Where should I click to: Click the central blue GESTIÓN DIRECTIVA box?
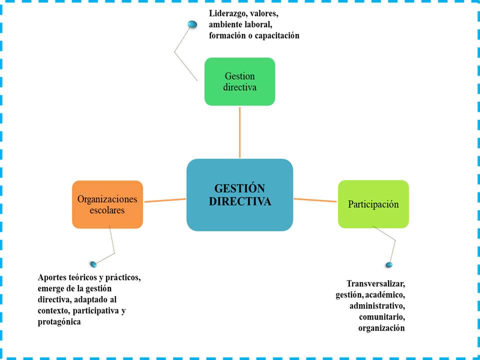coord(239,195)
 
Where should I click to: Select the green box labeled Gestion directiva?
coord(239,81)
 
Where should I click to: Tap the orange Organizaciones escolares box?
coord(107,204)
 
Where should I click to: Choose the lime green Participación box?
coord(373,204)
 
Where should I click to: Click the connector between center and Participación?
coord(315,200)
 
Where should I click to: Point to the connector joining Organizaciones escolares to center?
coord(165,200)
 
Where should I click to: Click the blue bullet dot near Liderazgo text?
coord(192,24)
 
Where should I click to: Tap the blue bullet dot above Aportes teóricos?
coord(93,264)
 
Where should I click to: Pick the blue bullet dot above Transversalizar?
coord(389,264)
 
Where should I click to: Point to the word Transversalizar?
coord(375,283)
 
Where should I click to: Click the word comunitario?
coord(381,317)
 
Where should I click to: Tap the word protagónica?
coord(59,322)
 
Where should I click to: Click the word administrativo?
coord(377,305)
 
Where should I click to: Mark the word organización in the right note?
coord(381,328)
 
